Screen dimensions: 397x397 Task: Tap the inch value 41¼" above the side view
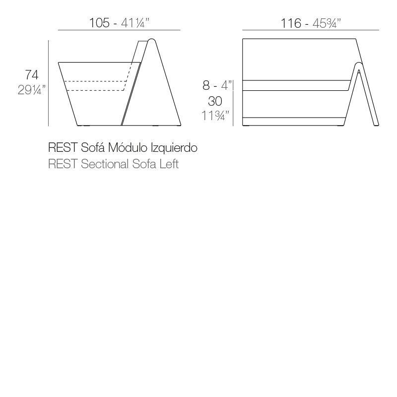[135, 23]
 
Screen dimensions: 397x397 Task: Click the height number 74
[32, 75]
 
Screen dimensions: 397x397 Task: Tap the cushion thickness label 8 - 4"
[217, 86]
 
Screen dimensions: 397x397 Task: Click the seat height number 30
[215, 101]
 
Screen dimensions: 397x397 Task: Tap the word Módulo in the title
[130, 147]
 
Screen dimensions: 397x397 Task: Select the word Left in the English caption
[169, 164]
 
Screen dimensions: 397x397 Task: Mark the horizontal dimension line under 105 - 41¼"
[119, 31]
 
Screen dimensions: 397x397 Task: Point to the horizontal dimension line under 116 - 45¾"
[308, 31]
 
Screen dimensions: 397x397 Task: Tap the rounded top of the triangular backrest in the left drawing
[152, 40]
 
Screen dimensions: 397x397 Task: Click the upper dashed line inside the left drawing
[97, 81]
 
